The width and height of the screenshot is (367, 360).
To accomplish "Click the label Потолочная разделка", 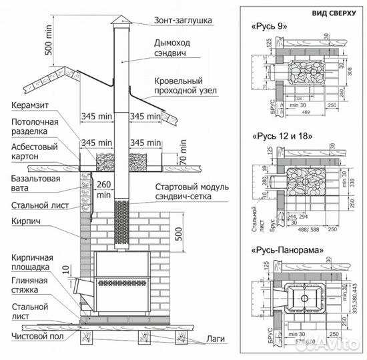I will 35,127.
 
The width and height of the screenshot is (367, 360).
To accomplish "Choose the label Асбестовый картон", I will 35,151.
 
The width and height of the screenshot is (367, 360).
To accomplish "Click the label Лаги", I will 216,339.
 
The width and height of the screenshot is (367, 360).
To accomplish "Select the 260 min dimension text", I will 103,190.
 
